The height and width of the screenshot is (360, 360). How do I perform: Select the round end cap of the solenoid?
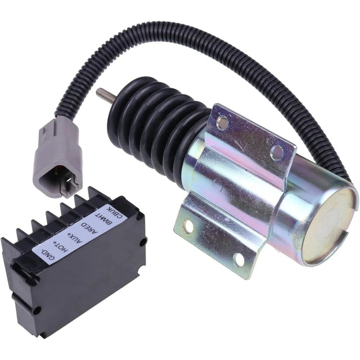329,225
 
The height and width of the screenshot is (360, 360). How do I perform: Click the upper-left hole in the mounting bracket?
223,120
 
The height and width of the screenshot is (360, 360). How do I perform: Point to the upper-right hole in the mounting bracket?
276,151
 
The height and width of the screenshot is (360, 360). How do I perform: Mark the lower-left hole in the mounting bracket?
188,226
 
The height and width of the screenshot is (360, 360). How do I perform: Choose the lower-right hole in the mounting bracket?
238,259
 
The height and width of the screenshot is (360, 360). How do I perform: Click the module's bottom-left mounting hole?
37,310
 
